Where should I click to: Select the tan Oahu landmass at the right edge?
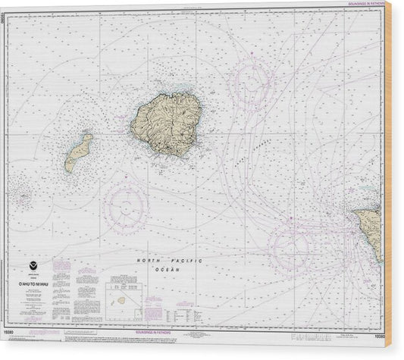tap(371, 227)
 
